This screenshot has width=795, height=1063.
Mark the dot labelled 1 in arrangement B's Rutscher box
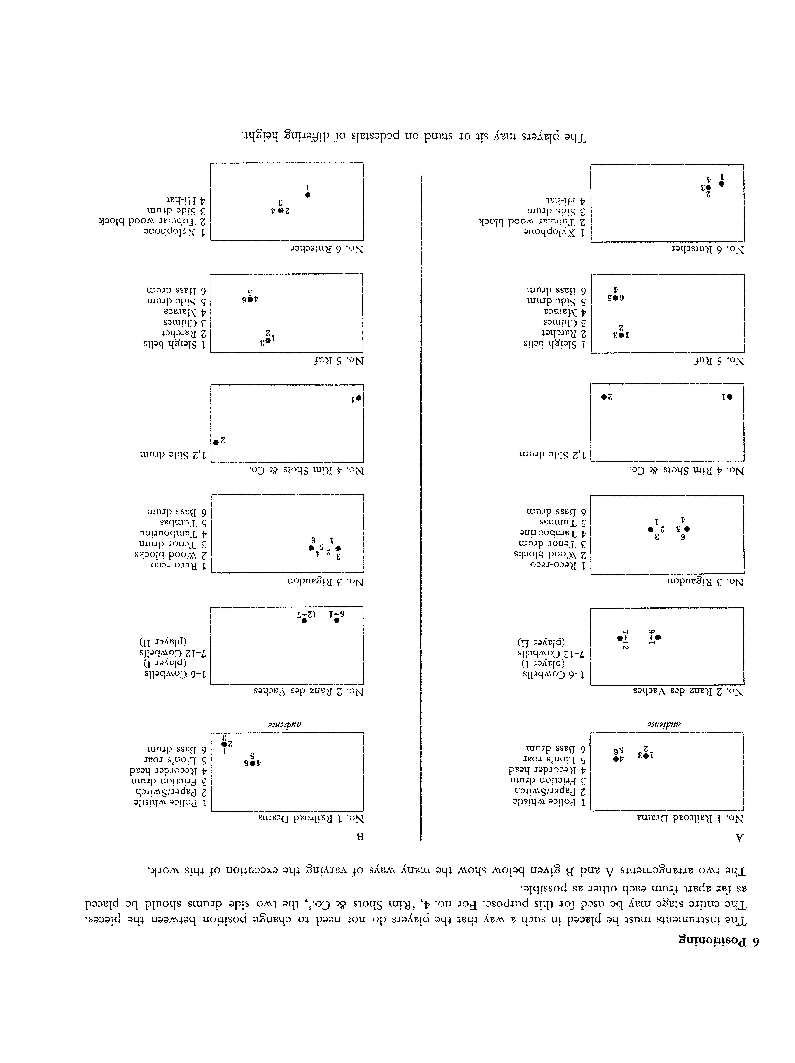307,195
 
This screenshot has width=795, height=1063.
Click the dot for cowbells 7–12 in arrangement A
620,638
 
